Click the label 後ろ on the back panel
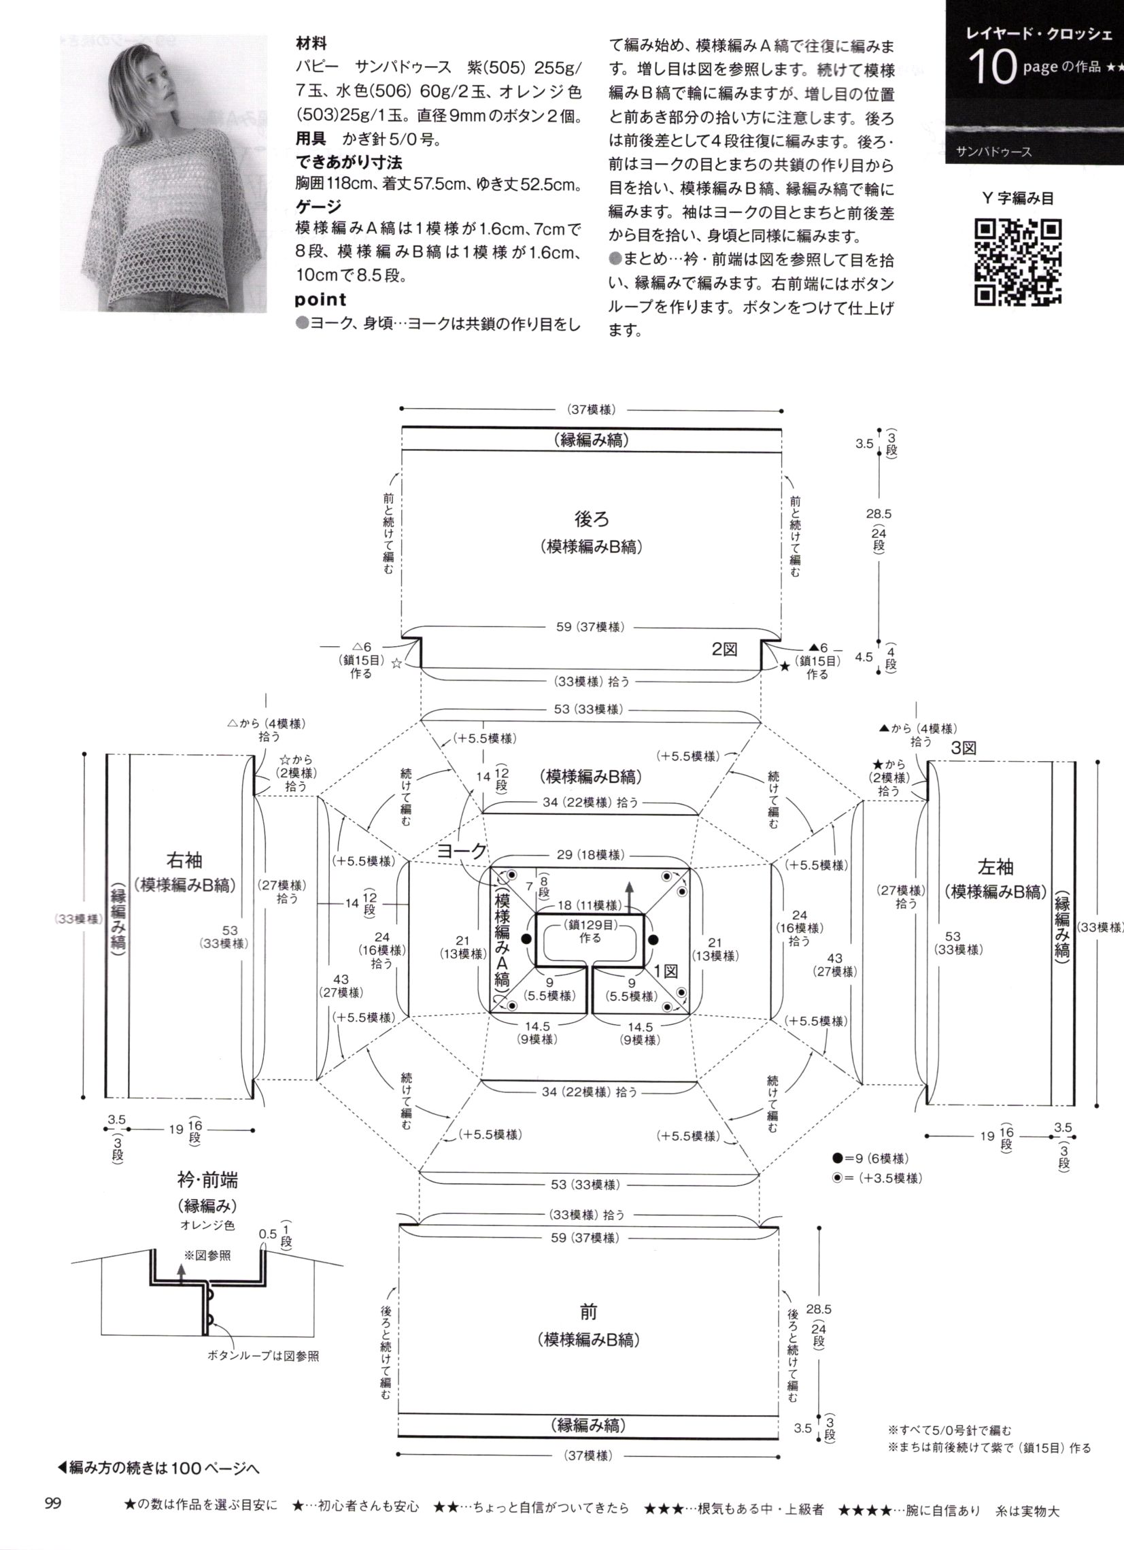coord(591,520)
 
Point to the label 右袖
coord(184,859)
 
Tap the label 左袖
coord(995,867)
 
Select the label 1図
coord(666,970)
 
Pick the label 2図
coord(724,650)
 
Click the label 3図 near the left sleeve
coord(964,748)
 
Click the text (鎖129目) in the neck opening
coord(591,925)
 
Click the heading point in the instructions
coord(320,299)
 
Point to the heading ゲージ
coord(318,206)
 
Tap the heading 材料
coord(311,44)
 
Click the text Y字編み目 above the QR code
coord(1017,198)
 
